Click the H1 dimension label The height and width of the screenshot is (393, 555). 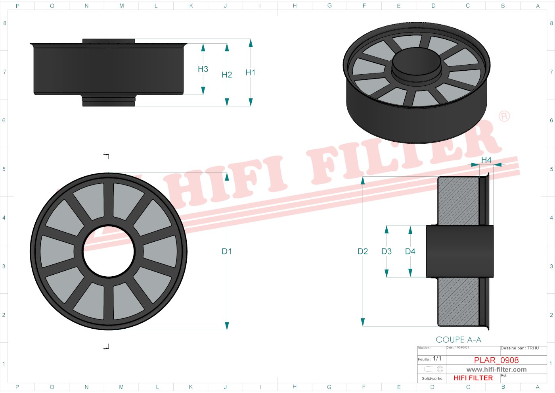250,73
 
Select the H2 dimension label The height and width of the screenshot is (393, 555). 227,75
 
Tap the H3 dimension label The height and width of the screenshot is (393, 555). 203,69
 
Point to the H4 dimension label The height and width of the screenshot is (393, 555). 486,160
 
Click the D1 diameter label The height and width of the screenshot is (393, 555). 227,251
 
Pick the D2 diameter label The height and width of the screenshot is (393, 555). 363,251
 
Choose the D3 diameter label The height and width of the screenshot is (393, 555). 387,251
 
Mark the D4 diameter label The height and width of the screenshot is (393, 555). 410,251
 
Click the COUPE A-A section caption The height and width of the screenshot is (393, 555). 458,340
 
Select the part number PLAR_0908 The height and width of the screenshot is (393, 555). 496,360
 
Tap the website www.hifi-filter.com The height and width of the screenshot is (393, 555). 496,370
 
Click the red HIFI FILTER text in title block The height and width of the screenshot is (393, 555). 473,378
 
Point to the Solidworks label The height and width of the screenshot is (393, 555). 432,379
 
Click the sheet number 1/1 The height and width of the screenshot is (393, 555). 437,358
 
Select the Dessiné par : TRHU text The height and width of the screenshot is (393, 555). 520,348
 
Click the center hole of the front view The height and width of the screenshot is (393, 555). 109,251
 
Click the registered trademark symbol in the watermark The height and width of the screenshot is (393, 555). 504,116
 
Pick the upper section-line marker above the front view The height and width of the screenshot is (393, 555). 107,155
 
